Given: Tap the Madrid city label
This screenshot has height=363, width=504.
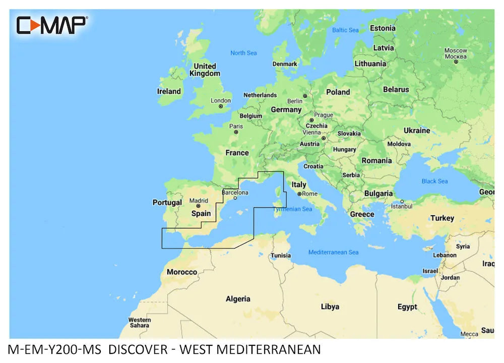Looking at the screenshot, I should [198, 200].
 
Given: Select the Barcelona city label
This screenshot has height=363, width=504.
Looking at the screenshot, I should [235, 192].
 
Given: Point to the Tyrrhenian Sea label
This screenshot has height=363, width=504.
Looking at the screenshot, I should [293, 209].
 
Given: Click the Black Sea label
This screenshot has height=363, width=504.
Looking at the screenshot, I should [434, 181].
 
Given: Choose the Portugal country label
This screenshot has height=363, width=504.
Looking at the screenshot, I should [167, 203].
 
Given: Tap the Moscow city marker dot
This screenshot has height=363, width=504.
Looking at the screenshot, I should [456, 62].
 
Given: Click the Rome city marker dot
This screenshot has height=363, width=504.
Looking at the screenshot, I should [299, 194].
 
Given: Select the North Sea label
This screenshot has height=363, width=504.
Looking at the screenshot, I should [243, 53].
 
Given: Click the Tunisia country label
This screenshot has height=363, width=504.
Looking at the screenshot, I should [281, 255].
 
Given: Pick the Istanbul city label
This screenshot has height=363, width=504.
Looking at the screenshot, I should [402, 206].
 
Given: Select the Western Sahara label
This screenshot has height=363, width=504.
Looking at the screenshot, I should [139, 323].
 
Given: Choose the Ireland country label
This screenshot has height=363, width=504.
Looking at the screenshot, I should [169, 91].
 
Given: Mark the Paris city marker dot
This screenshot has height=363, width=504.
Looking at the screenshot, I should [236, 132].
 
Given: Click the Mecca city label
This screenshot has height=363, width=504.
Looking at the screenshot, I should [469, 334].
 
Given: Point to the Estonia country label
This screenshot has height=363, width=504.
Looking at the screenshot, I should [383, 28].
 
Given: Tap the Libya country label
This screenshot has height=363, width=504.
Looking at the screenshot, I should [330, 307].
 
